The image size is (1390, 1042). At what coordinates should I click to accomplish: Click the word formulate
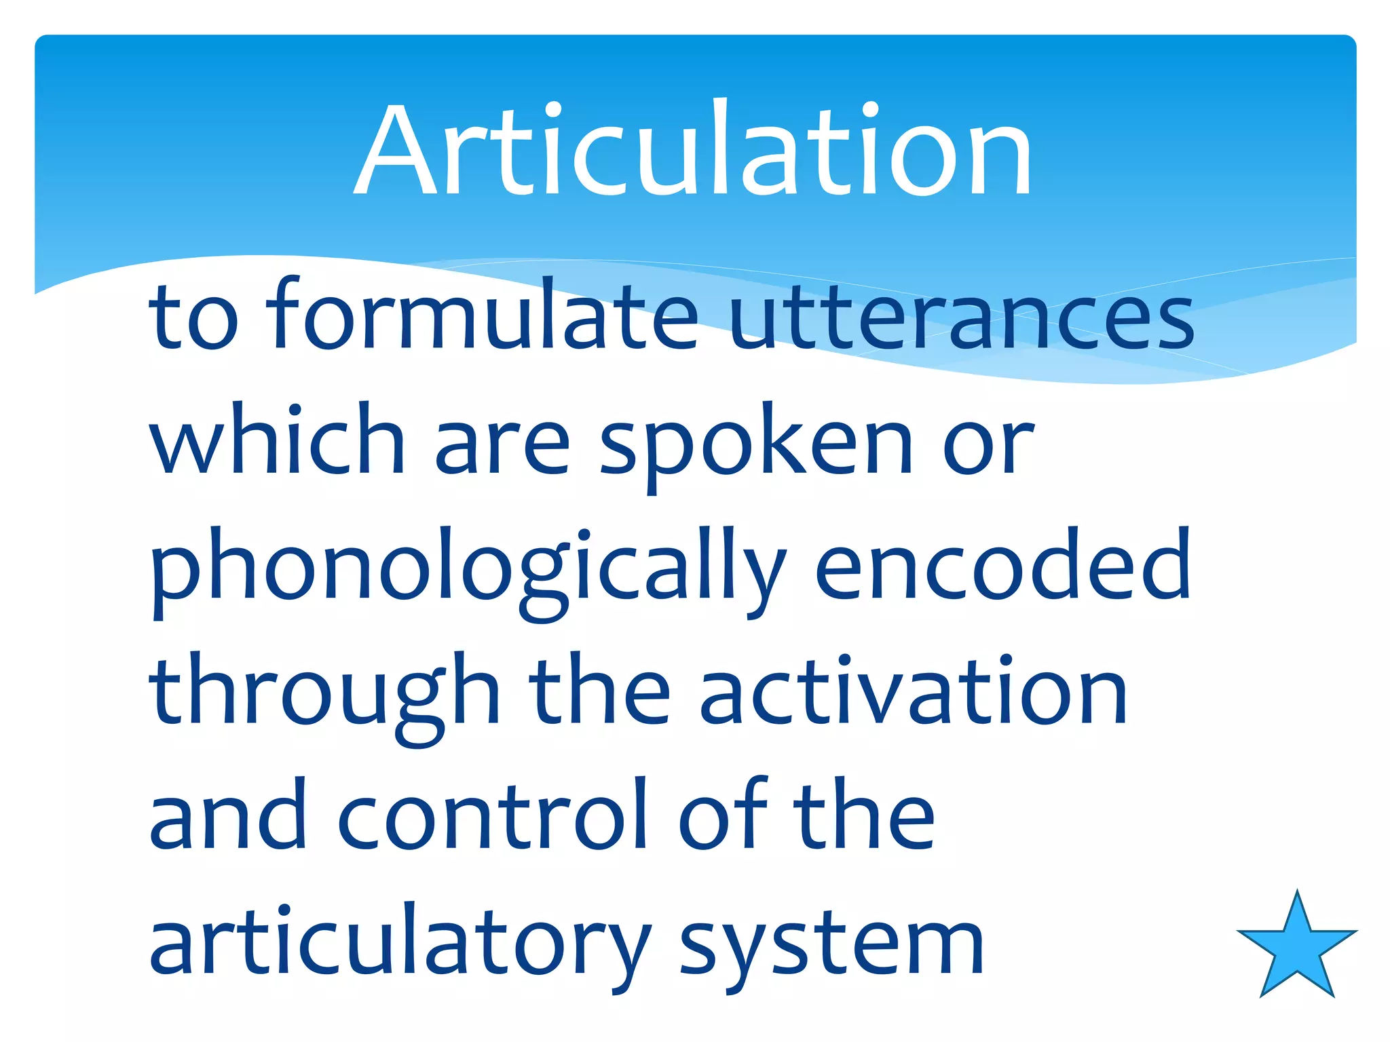coord(481,315)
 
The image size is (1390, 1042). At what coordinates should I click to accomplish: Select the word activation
coord(913,692)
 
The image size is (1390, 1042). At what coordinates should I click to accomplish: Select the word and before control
coord(227,817)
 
